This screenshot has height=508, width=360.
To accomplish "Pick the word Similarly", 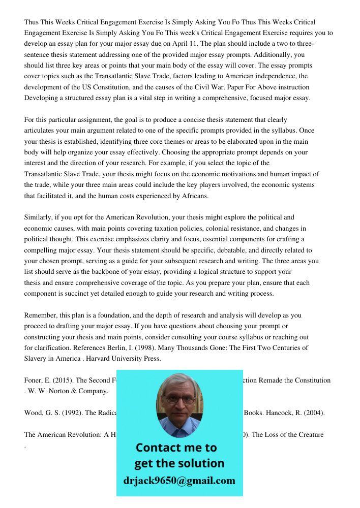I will pos(40,217).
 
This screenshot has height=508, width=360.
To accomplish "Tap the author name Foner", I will pos(34,380).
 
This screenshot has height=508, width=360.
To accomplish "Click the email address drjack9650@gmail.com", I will pos(179,480).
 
